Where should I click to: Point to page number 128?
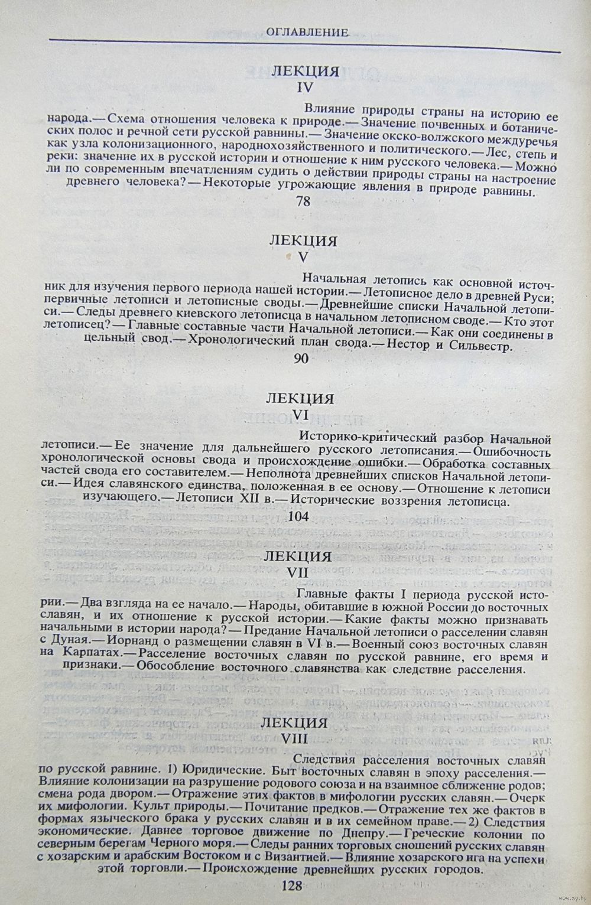coord(293,887)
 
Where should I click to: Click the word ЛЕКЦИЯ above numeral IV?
coord(305,71)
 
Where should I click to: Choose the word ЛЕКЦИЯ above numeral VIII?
coord(295,723)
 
